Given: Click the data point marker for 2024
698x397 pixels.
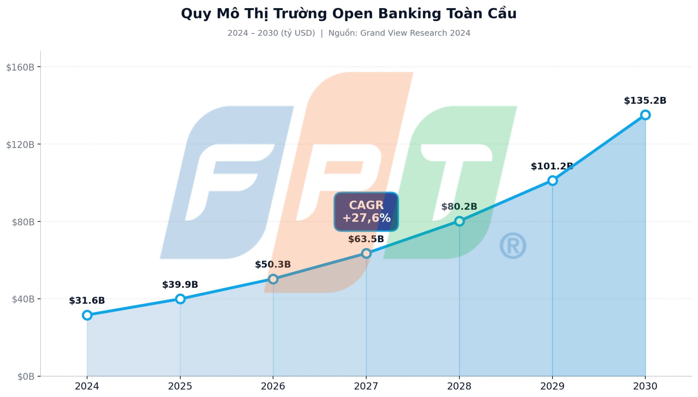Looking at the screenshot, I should point(87,315).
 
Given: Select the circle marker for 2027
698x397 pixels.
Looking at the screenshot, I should point(366,253).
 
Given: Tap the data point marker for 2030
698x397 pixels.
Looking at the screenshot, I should point(645,115).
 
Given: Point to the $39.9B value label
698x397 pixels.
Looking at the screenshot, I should point(180,284).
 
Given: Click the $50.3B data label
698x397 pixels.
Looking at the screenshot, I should point(273,264).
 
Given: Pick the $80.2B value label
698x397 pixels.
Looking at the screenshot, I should point(459,206).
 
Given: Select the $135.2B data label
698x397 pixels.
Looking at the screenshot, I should point(645,101).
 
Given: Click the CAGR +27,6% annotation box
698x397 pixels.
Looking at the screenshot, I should point(366,212).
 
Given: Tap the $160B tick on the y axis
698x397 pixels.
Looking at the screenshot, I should point(20,67).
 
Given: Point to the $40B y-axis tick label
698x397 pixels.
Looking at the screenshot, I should point(23,299).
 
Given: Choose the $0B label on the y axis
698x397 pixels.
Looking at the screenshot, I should point(26,377).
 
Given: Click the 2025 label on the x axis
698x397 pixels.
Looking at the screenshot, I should point(180,386).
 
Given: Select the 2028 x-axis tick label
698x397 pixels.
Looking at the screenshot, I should point(459,386).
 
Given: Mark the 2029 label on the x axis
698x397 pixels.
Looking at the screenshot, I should point(552,386).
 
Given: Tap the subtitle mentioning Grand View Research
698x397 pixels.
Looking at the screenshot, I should point(349,33).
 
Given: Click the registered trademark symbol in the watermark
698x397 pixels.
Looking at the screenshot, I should point(513,246).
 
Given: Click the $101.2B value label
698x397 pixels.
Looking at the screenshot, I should point(552,166).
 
